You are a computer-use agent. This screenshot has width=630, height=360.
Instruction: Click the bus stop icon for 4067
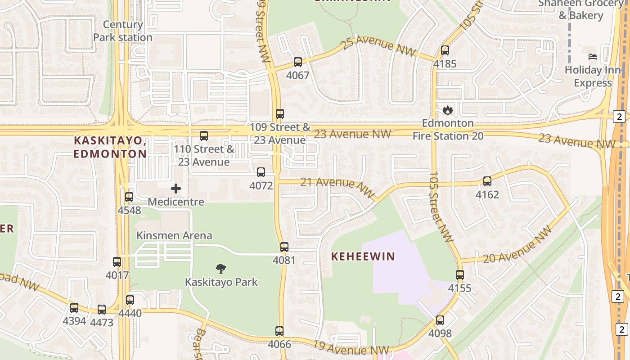tap(297, 62)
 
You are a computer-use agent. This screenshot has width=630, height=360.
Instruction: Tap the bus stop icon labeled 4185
tap(445, 50)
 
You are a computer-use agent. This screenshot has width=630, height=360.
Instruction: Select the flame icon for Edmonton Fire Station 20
tap(447, 110)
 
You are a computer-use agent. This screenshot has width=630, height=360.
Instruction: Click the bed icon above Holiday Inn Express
tap(593, 57)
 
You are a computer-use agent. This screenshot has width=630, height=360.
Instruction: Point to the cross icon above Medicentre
tap(176, 189)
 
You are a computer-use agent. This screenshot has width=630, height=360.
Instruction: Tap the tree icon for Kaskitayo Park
tap(220, 269)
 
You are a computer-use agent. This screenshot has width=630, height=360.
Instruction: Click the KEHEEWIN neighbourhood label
tap(363, 256)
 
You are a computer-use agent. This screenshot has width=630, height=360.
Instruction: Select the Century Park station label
tap(123, 31)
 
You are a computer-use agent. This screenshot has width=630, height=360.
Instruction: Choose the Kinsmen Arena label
tap(174, 235)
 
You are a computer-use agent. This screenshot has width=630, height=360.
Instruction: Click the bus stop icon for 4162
tap(487, 181)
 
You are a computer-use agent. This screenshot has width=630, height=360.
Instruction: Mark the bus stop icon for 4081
tap(284, 247)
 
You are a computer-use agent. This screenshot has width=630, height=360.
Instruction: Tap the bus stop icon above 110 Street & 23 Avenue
tap(204, 135)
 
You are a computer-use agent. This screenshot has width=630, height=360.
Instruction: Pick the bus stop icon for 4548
tap(129, 197)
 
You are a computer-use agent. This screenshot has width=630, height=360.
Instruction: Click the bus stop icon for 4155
tap(459, 274)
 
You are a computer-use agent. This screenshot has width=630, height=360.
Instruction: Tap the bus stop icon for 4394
tap(74, 308)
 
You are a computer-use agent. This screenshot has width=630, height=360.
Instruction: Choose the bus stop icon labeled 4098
tap(440, 320)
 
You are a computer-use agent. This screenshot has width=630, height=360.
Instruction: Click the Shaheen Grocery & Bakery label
tap(580, 9)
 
